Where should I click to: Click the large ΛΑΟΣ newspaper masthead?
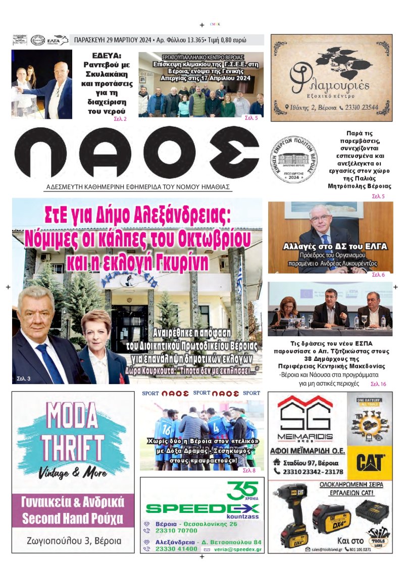(136, 153)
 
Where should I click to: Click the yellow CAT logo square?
(370, 461)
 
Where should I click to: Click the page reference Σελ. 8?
(249, 471)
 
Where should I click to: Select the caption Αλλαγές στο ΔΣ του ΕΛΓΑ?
(335, 247)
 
